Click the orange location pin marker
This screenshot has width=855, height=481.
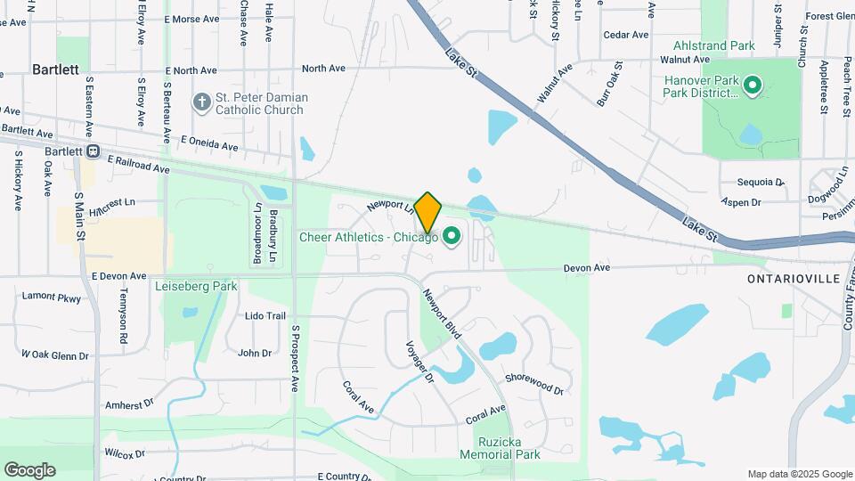[x=427, y=212]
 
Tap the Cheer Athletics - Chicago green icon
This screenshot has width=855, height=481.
[x=452, y=236]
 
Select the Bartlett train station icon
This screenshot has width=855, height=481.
[x=93, y=151]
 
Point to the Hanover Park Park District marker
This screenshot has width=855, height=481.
[x=753, y=86]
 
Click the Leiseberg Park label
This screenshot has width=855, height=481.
[x=196, y=287]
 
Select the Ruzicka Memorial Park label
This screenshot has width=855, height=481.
[x=500, y=447]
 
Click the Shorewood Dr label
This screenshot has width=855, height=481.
[x=534, y=384]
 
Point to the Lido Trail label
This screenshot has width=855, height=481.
[x=265, y=316]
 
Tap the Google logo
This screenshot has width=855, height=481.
[x=29, y=470]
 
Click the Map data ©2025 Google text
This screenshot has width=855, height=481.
[x=799, y=474]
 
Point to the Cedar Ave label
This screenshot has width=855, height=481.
[x=626, y=35]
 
